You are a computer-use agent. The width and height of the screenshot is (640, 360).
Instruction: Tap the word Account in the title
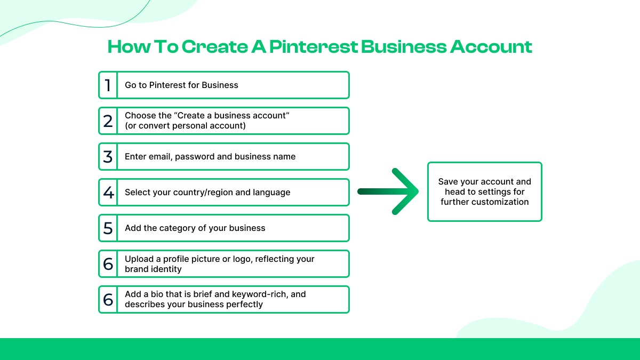pyautogui.click(x=491, y=47)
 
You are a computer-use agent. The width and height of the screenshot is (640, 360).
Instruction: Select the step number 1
pyautogui.click(x=108, y=85)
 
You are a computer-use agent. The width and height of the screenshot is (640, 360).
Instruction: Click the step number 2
pyautogui.click(x=108, y=121)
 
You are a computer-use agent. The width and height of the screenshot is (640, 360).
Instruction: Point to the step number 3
pyautogui.click(x=108, y=157)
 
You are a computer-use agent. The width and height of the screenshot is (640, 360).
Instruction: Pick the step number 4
pyautogui.click(x=108, y=193)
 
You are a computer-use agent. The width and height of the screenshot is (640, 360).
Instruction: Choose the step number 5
pyautogui.click(x=108, y=228)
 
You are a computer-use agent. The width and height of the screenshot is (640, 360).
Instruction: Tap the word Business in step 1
pyautogui.click(x=220, y=85)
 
